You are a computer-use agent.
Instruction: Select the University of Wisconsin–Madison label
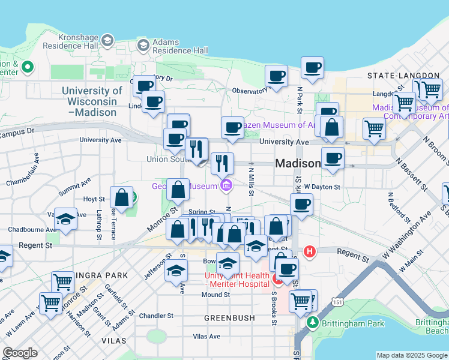pos(92,101)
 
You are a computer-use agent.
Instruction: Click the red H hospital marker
pos(309,251)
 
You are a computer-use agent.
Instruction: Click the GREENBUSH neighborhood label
pos(226,317)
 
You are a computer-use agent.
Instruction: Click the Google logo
pos(20,353)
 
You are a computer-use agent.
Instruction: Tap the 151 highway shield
pos(339,303)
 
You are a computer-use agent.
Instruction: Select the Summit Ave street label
pos(74,186)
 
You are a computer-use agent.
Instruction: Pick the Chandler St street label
pos(155,315)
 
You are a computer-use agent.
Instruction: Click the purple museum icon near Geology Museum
pos(226,185)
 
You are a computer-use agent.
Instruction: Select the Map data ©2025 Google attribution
pos(412,355)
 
